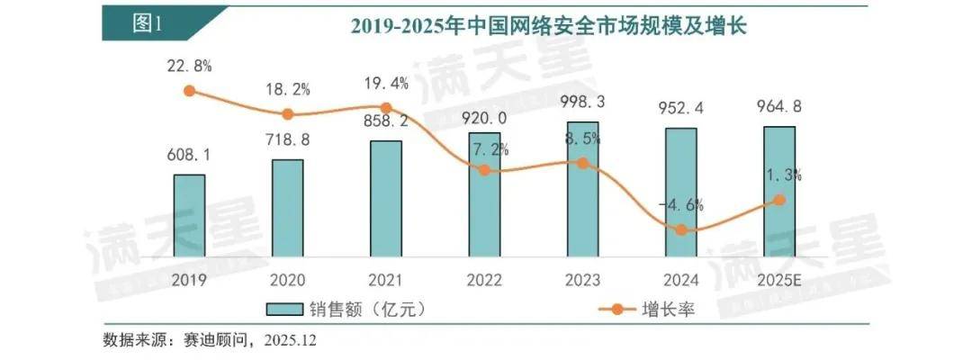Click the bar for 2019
[x=189, y=215]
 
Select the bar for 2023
[x=582, y=189]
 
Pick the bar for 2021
[x=385, y=199]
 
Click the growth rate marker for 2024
[x=681, y=230]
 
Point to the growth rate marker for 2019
[x=189, y=90]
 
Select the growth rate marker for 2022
[x=484, y=169]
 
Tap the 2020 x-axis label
[x=287, y=280]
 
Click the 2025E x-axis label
[x=779, y=280]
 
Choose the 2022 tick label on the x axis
[x=484, y=280]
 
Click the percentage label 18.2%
[x=287, y=89]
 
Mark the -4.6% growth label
[x=681, y=205]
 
